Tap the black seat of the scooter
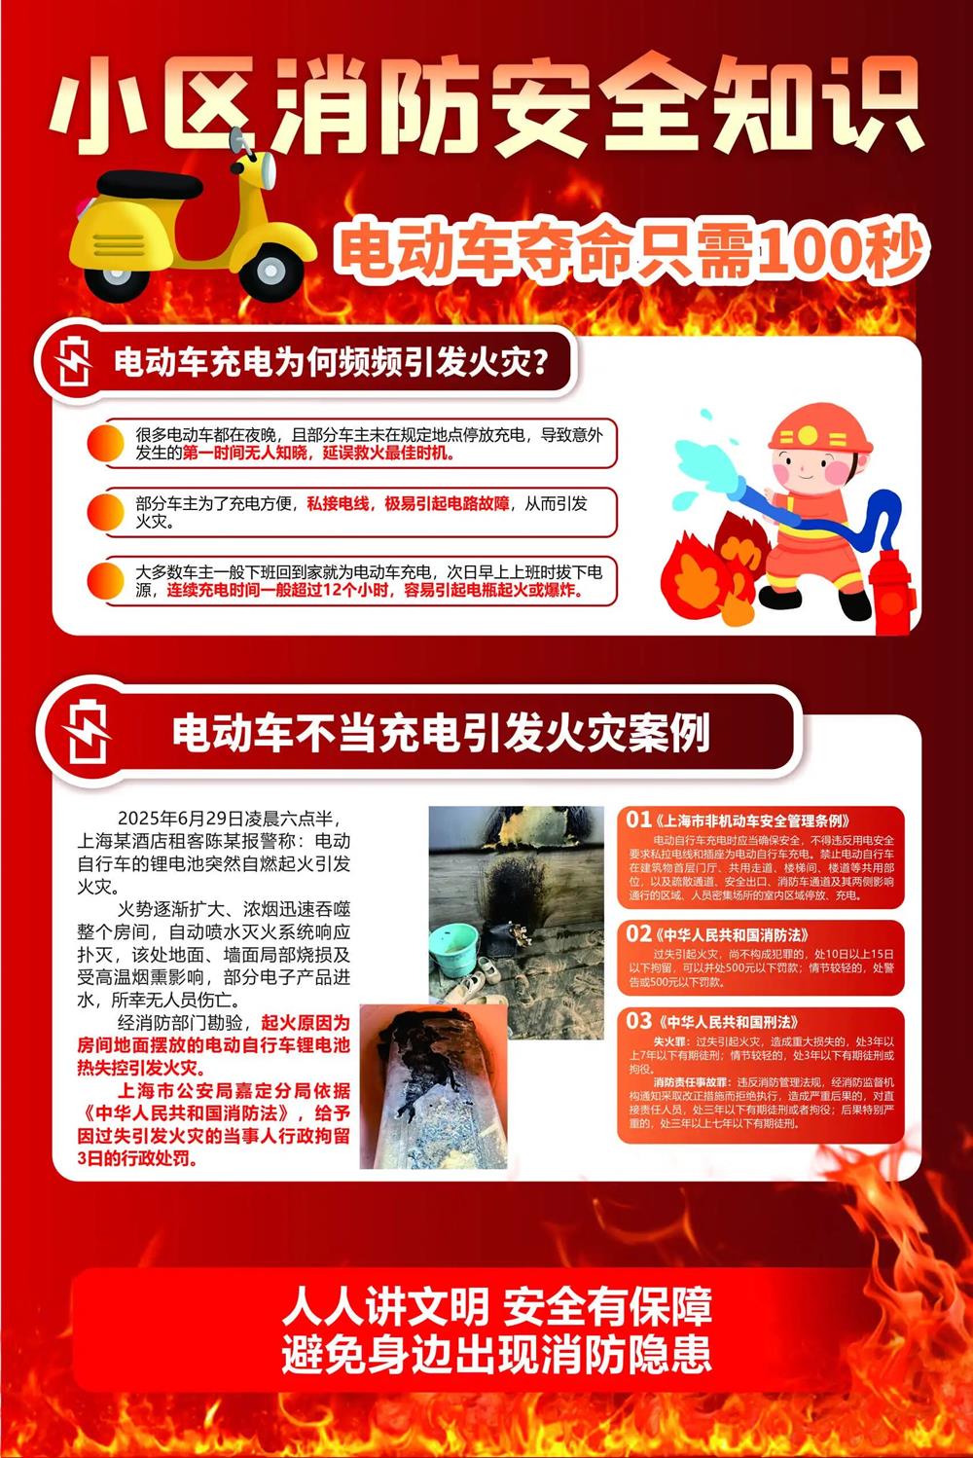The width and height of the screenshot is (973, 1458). (149, 184)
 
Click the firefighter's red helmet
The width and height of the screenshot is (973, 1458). (820, 429)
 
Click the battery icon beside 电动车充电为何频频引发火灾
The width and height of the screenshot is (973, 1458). (72, 361)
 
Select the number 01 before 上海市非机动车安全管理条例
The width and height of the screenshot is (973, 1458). (639, 820)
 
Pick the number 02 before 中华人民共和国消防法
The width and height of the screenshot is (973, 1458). (639, 934)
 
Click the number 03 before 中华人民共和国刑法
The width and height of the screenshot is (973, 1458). (639, 1021)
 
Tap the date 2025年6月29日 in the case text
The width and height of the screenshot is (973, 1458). (181, 819)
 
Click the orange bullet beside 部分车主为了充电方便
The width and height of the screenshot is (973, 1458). (105, 512)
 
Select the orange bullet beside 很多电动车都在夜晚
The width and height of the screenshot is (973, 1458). (105, 443)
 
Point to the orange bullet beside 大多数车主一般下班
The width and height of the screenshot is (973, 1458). (105, 581)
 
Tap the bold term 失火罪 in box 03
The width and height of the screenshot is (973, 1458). (667, 1041)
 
